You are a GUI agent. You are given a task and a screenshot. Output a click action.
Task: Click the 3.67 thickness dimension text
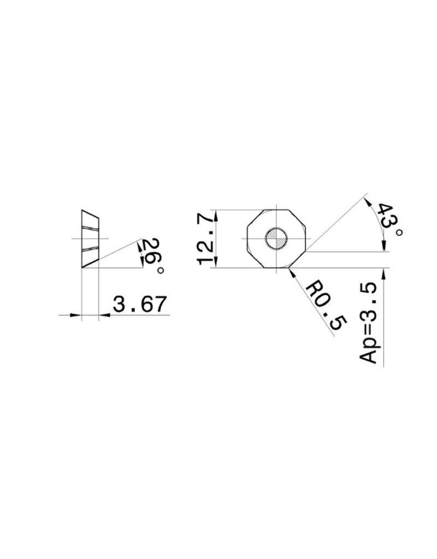click(x=139, y=304)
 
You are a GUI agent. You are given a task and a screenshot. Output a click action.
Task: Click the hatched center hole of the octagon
click(x=276, y=239)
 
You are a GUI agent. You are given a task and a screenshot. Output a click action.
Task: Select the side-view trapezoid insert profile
click(x=91, y=239)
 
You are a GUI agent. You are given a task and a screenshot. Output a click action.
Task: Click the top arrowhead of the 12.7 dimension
click(x=217, y=214)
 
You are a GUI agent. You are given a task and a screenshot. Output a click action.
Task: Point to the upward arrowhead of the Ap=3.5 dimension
click(x=387, y=272)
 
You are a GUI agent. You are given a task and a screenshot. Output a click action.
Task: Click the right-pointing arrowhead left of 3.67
click(x=76, y=314)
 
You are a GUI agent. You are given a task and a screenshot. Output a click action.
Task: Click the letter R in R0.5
click(x=311, y=288)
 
